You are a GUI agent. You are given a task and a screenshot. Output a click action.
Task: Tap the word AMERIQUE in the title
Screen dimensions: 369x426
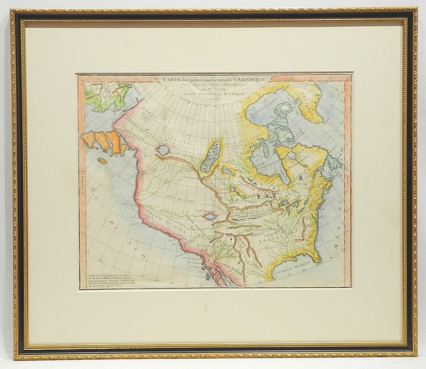point(249,78)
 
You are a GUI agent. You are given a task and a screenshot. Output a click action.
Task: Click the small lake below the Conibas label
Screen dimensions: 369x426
point(162,149)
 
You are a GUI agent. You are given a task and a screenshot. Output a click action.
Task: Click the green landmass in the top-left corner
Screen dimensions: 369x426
point(107,96)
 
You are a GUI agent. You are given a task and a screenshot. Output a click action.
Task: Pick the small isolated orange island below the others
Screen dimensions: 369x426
point(103,161)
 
